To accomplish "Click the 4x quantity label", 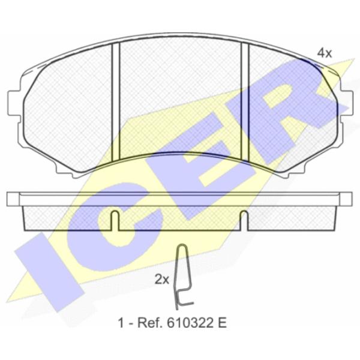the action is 324,53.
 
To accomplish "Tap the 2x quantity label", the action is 162,280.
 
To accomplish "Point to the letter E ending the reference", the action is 222,323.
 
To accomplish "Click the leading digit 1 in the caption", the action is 121,323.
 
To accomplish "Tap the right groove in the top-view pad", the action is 245,101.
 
